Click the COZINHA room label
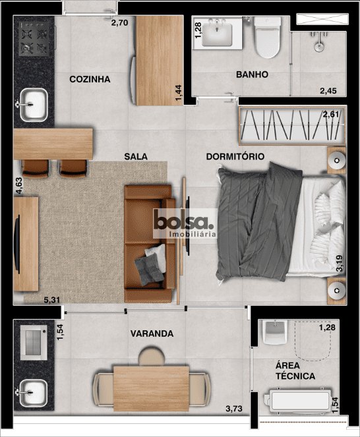pyautogui.click(x=90, y=79)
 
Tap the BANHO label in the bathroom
pyautogui.click(x=252, y=74)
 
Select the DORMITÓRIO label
pyautogui.click(x=235, y=156)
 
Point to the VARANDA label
pyautogui.click(x=152, y=334)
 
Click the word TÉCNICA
pyautogui.click(x=295, y=376)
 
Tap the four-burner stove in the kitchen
pyautogui.click(x=34, y=38)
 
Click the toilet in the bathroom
pyautogui.click(x=268, y=37)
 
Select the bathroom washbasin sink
pyautogui.click(x=217, y=34)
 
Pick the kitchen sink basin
pyautogui.click(x=34, y=105)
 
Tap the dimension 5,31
pyautogui.click(x=52, y=300)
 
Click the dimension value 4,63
pyautogui.click(x=19, y=186)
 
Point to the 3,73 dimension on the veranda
pyautogui.click(x=234, y=409)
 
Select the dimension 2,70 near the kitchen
pyautogui.click(x=119, y=22)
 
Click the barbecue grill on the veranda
pyautogui.click(x=34, y=343)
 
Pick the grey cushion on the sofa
pyautogui.click(x=149, y=270)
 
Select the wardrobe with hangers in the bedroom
pyautogui.click(x=292, y=125)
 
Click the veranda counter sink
pyautogui.click(x=33, y=393)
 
